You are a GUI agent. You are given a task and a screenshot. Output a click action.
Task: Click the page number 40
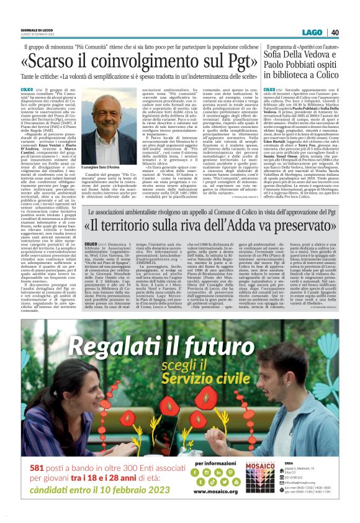[x=334, y=33]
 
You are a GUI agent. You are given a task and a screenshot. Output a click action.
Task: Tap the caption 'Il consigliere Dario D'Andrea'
[x=107, y=167]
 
